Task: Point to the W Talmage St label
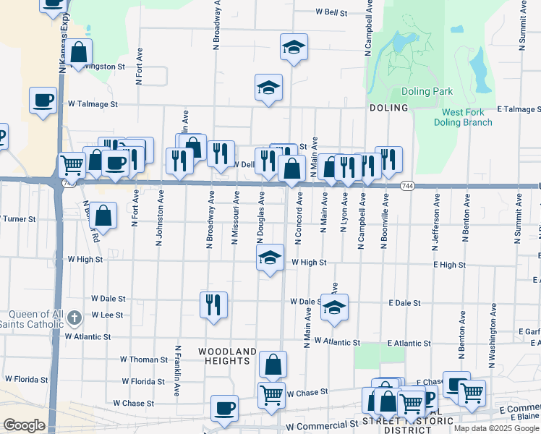[x=93, y=104]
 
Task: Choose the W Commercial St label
[x=323, y=427]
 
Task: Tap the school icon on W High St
[x=269, y=258]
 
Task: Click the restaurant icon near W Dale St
[x=213, y=304]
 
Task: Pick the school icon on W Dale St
[x=334, y=307]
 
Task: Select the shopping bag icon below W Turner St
[x=104, y=215]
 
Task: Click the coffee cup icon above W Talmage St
[x=43, y=99]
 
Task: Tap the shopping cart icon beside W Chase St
[x=271, y=395]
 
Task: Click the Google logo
[x=24, y=425]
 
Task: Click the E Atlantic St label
[x=409, y=343]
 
